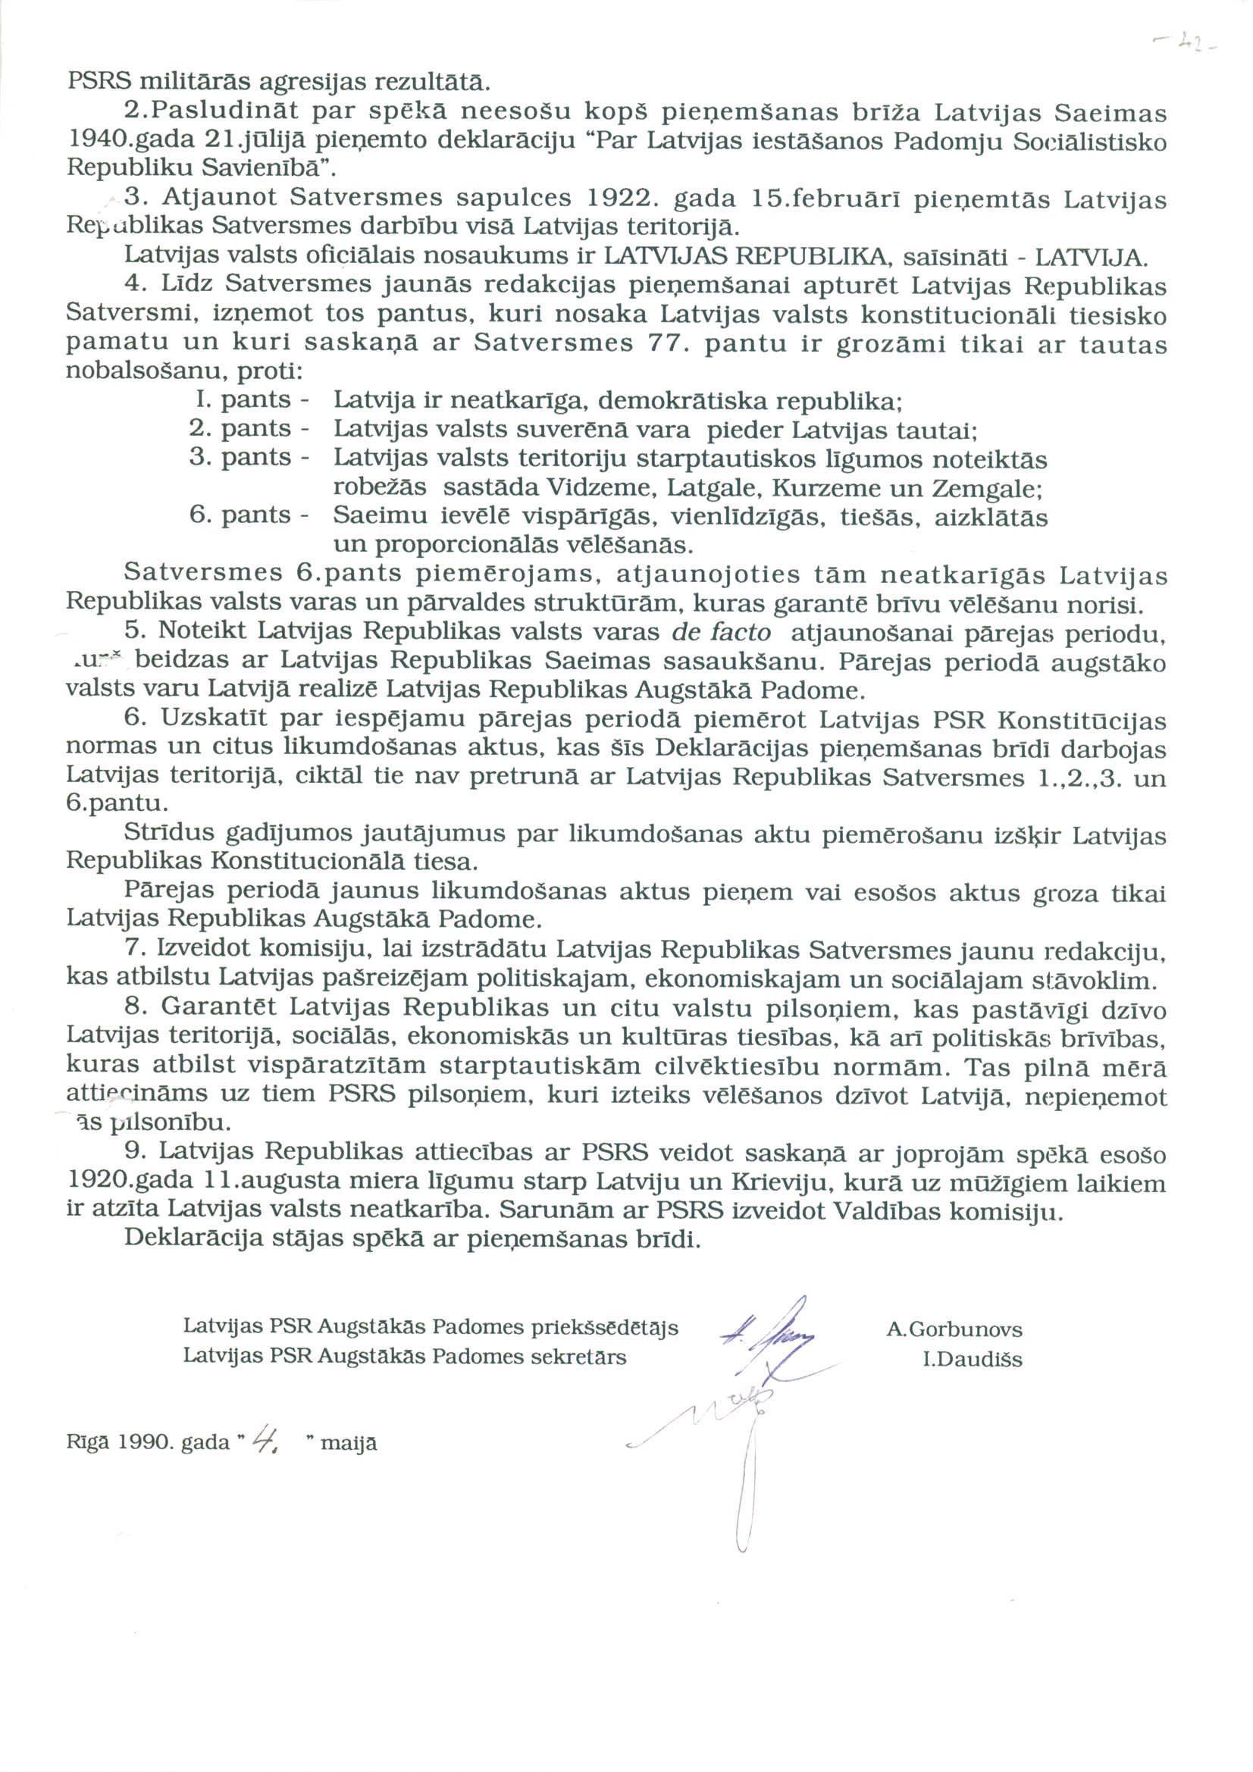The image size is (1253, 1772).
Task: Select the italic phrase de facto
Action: [x=722, y=631]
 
